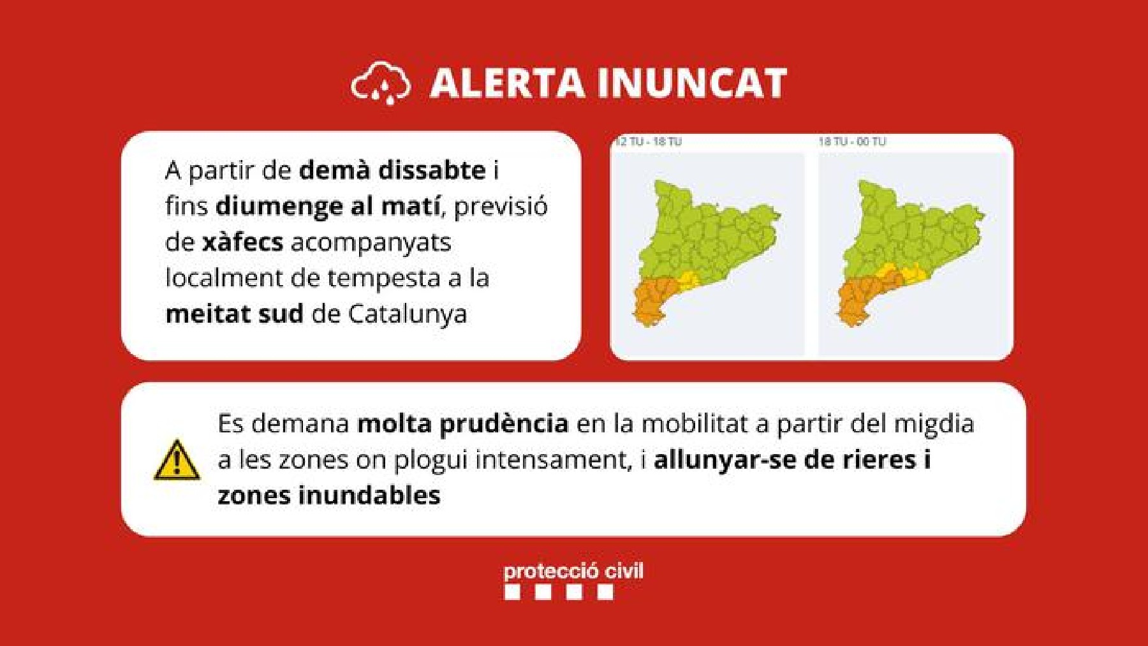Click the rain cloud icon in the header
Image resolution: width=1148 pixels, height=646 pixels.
point(381,83)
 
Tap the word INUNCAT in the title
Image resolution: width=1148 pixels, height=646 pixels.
point(692,84)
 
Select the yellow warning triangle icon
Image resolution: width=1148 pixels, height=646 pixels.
point(177,459)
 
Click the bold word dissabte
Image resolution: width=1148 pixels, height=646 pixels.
point(432,170)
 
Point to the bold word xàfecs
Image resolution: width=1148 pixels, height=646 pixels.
point(242,242)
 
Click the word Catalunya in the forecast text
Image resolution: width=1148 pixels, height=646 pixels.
point(408,314)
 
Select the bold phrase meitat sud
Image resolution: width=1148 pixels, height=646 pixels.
point(234,314)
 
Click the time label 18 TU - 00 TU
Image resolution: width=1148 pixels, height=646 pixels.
point(852,142)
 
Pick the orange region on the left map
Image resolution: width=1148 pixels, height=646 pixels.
point(657,300)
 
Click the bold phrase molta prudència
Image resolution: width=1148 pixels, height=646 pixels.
point(462,424)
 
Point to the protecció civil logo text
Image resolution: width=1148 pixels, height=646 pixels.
point(573,571)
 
